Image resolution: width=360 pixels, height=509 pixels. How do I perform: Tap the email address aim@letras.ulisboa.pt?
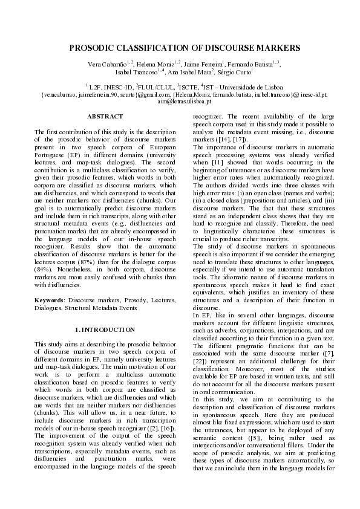coord(180,102)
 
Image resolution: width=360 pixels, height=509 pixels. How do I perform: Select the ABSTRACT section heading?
coord(104,115)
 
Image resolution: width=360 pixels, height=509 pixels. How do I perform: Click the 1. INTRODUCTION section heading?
coord(104,329)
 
